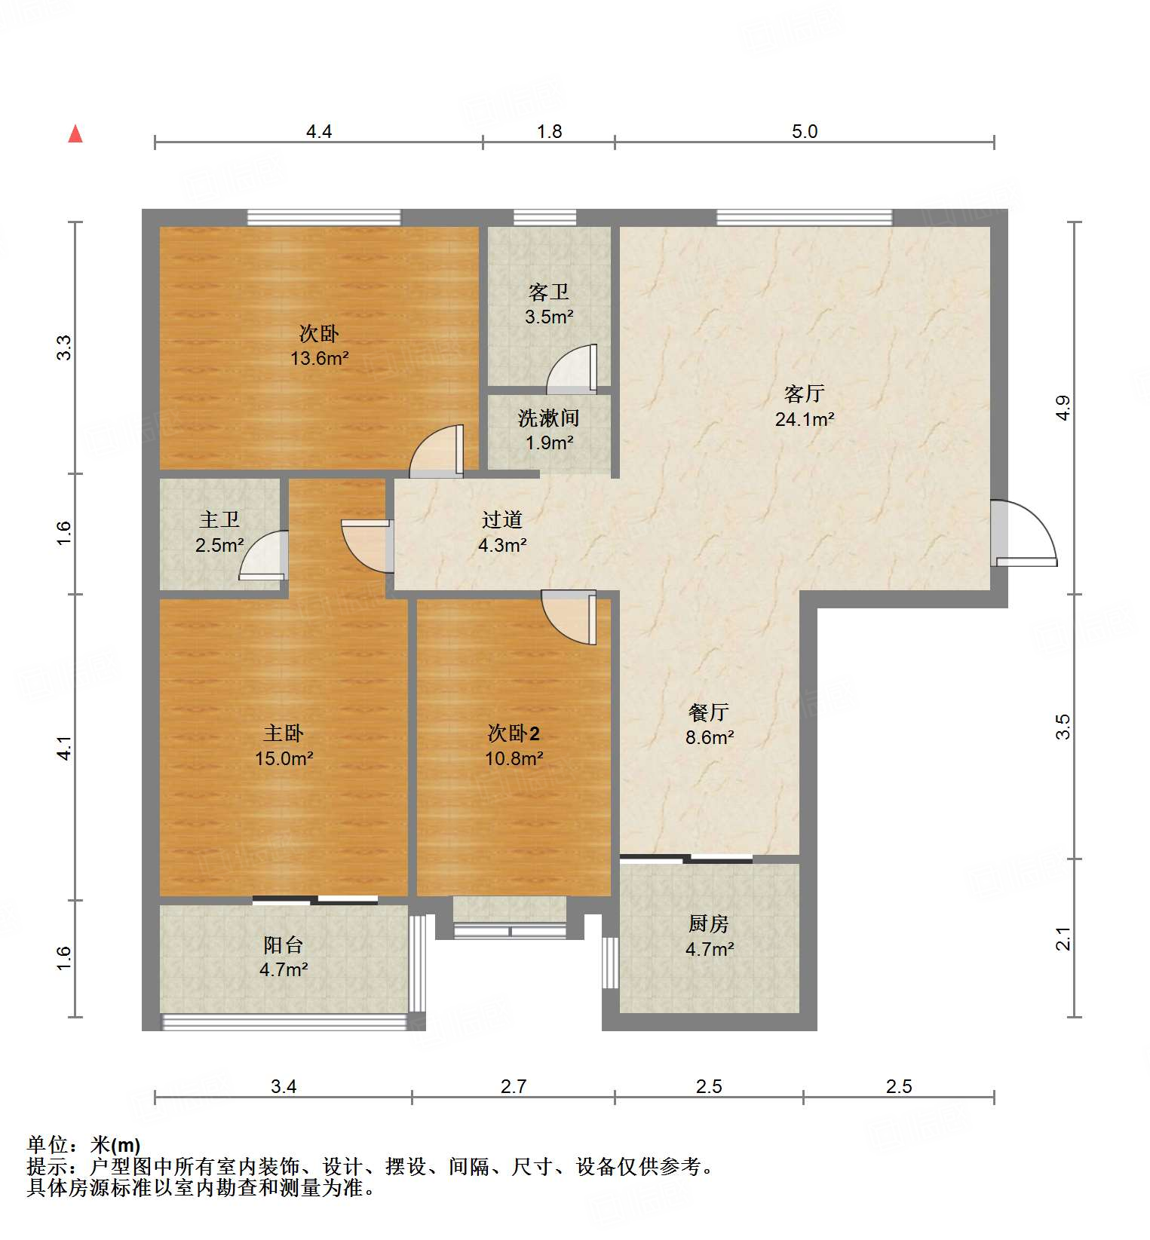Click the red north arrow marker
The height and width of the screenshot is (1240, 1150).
point(75,134)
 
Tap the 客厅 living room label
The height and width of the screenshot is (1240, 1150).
point(804,393)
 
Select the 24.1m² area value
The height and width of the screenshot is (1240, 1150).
point(804,420)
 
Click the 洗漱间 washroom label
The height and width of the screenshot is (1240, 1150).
point(548,418)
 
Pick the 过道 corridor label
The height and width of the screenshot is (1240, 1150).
point(502,519)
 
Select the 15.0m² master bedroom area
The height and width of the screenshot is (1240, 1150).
point(284,758)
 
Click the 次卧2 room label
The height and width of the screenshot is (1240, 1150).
point(514,733)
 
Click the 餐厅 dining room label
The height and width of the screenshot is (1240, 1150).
point(709,712)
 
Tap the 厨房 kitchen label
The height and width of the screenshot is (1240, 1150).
point(709,923)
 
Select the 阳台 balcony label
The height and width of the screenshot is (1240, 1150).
point(284,945)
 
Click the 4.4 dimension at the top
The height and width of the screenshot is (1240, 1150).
point(319,132)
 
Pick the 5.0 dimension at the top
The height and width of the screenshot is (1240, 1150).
point(804,132)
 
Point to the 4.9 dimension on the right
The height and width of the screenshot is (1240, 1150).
point(1063,408)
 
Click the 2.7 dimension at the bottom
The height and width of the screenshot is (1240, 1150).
point(514,1086)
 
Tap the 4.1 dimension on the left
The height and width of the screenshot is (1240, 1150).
point(65,748)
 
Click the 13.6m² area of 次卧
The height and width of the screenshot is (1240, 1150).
point(320,358)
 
